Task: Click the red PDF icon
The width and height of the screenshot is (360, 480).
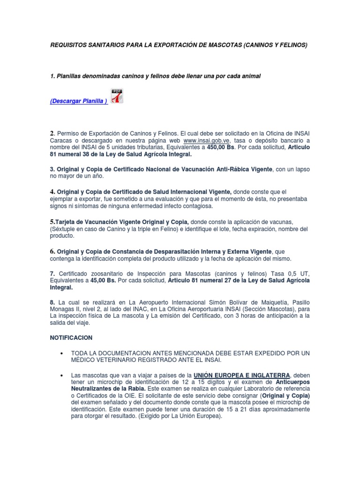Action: tap(116, 96)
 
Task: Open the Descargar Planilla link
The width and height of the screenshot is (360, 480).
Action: tap(79, 102)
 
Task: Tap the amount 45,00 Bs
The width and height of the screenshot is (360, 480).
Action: tap(102, 280)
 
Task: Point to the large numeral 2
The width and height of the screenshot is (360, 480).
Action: tap(52, 133)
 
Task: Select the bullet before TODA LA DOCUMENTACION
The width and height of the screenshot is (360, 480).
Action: tap(62, 352)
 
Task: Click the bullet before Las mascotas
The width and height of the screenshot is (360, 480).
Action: tap(62, 375)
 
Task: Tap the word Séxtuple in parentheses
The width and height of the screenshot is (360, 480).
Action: tap(65, 229)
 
